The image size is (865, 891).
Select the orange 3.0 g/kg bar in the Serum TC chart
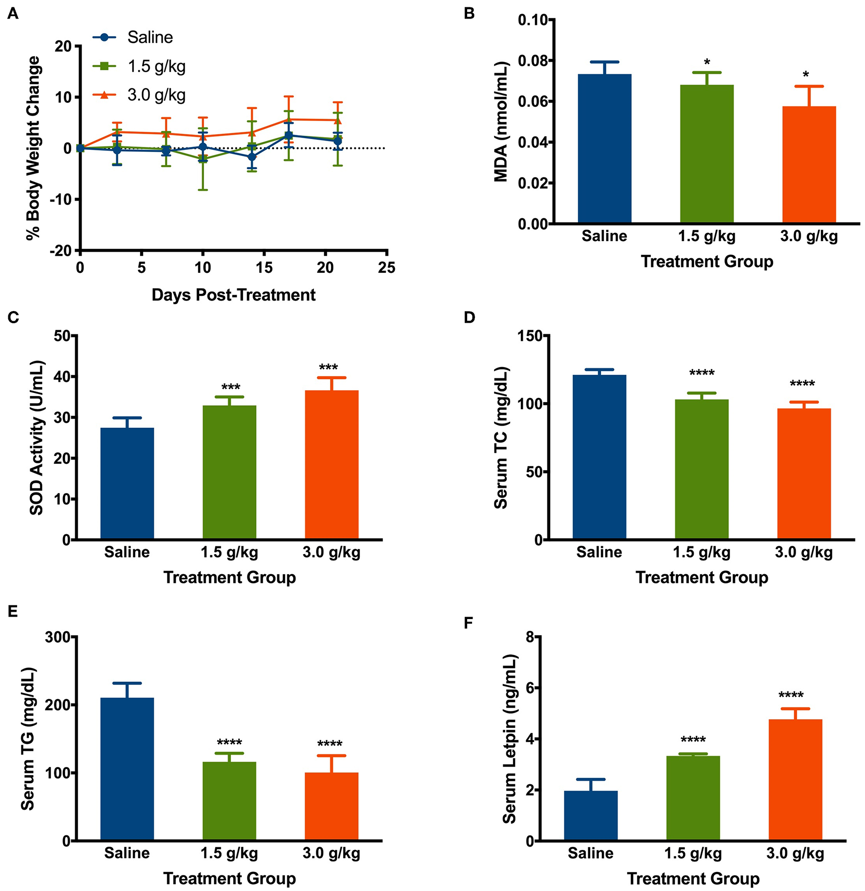click(803, 474)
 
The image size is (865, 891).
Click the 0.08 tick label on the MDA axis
click(535, 61)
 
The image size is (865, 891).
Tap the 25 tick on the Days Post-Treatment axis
click(387, 268)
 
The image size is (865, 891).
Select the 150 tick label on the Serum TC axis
click(531, 336)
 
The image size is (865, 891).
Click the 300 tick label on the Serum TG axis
click(61, 637)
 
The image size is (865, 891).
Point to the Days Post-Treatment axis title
click(233, 295)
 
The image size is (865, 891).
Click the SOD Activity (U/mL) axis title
click(37, 438)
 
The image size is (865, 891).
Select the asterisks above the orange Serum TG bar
click(330, 744)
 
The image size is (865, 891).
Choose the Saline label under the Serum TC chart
click(599, 552)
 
